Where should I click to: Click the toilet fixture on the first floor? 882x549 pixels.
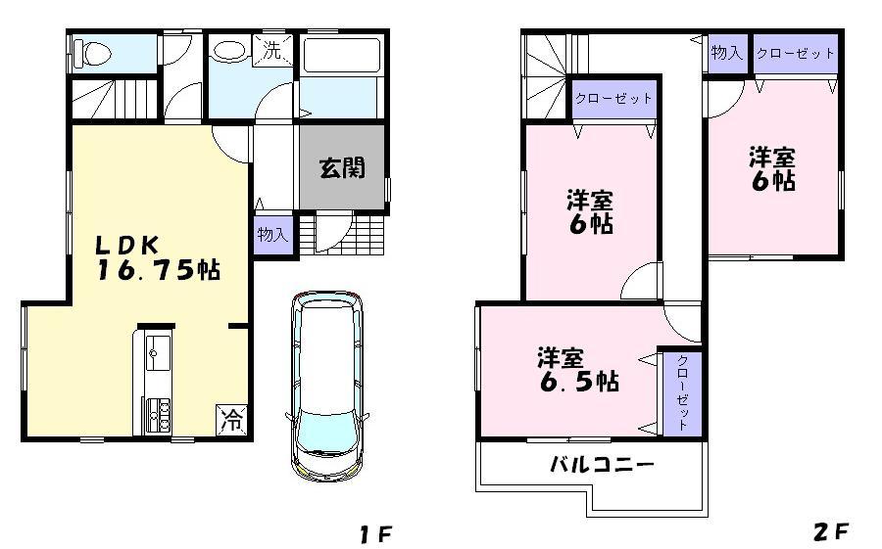point(93,53)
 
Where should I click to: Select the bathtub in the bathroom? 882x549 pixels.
point(339,57)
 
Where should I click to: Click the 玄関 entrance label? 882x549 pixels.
point(342,167)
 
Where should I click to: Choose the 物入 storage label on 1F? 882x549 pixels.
point(273,236)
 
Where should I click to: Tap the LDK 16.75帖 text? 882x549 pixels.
point(157,258)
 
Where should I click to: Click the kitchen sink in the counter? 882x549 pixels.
point(158,353)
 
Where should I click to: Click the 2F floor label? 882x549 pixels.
point(829,533)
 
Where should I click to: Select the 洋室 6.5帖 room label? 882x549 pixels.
point(577,369)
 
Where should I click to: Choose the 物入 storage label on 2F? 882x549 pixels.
point(726,54)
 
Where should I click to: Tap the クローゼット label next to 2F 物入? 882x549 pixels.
point(796,54)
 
